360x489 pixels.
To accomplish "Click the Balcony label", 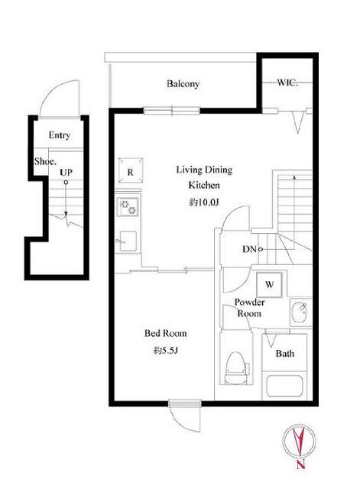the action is [x=183, y=84].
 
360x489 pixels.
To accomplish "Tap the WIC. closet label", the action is [x=287, y=83].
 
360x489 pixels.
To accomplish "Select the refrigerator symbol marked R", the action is [x=131, y=171].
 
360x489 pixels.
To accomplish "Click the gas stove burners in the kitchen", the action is [x=128, y=207].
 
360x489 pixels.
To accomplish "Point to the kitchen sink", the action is [x=127, y=241].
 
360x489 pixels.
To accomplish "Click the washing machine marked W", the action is [x=270, y=284].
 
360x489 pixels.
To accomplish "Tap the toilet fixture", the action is [x=237, y=368].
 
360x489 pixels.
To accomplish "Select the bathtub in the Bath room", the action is [x=284, y=387].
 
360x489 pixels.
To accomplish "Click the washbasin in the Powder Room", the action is [x=301, y=313].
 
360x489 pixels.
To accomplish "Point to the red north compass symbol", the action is [x=299, y=441].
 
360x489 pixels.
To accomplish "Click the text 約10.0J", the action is [x=204, y=202].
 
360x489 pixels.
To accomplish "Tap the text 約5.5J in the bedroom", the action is [x=166, y=351].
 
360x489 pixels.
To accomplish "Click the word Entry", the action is [x=60, y=135].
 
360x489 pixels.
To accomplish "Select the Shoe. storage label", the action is [x=46, y=161].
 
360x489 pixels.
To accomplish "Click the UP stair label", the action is [x=66, y=173].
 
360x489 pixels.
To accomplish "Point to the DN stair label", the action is [x=249, y=249].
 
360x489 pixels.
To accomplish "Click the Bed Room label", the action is [x=166, y=333].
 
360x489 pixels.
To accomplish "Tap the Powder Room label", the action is [x=249, y=308].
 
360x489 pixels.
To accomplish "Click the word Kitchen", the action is [x=204, y=185].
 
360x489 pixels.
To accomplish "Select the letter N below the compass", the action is [x=300, y=465].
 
